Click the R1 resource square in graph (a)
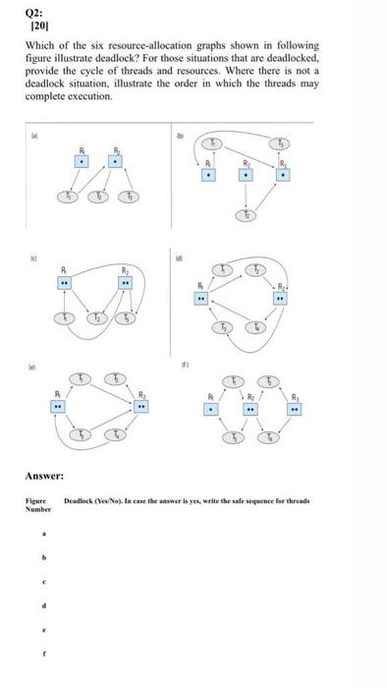(83, 160)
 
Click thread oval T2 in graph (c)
(96, 318)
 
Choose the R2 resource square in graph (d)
(281, 297)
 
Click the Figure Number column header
(37, 505)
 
